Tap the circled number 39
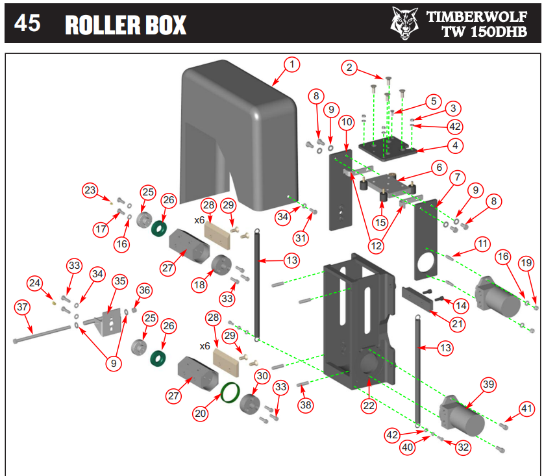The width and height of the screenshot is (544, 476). [x=488, y=385]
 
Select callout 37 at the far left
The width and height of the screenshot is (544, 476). [x=23, y=306]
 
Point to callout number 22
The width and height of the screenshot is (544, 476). [x=369, y=406]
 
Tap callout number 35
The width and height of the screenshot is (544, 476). [x=119, y=281]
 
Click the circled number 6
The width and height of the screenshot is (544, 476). [x=439, y=167]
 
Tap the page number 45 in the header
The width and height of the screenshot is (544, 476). [x=27, y=23]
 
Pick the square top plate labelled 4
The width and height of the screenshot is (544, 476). [x=386, y=149]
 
